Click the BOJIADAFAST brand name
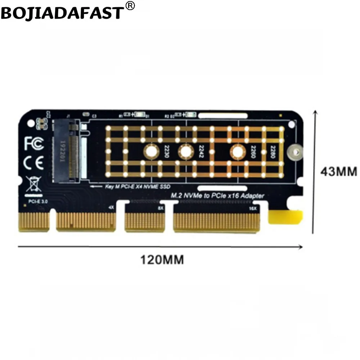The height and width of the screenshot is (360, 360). click(62, 13)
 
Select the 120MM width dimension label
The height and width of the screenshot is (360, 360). click(162, 259)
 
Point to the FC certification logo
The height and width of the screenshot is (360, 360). click(34, 143)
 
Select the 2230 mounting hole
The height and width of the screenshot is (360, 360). click(151, 152)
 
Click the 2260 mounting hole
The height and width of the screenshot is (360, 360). click(237, 152)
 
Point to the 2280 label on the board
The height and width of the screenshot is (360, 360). click(273, 152)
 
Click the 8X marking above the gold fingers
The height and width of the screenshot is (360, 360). click(161, 208)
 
